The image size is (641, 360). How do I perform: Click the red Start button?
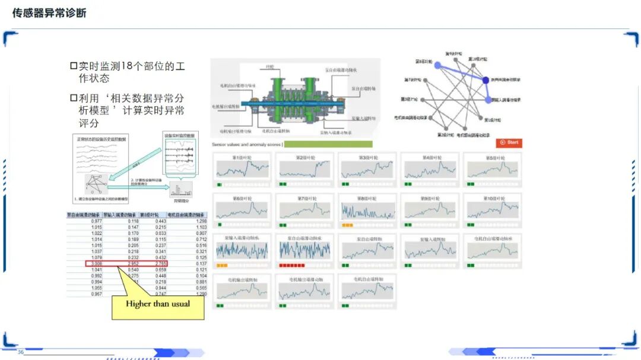[x=510, y=142]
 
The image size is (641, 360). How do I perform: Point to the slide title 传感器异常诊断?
[x=49, y=12]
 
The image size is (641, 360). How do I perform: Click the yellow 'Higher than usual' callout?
[x=158, y=304]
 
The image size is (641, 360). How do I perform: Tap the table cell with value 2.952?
[x=129, y=263]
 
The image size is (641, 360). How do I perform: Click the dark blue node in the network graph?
[x=486, y=80]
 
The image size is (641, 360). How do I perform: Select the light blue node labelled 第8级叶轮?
[x=438, y=65]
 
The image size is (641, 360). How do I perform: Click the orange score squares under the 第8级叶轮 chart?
[x=347, y=225]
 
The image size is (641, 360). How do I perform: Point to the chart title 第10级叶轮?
[x=493, y=198]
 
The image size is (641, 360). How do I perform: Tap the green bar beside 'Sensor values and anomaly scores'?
[x=329, y=144]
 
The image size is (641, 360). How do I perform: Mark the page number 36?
[x=21, y=352]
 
